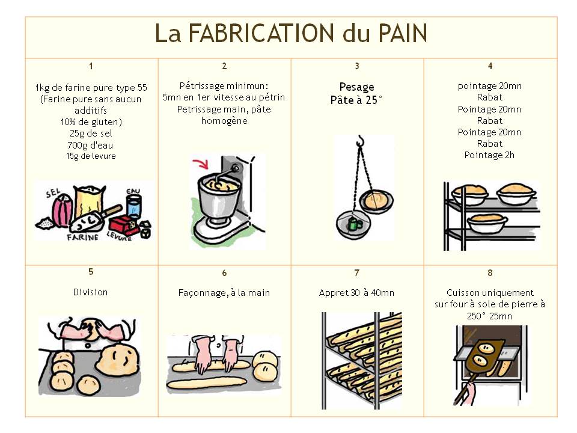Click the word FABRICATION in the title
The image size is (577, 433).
click(261, 33)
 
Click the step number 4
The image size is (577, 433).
click(490, 66)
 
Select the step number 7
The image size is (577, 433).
click(356, 273)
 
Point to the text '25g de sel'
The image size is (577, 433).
click(91, 134)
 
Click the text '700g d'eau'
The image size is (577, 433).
click(90, 145)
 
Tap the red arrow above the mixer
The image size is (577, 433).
click(201, 164)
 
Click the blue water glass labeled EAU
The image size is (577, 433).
click(133, 206)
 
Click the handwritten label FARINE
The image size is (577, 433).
click(83, 237)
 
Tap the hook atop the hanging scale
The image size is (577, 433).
click(360, 141)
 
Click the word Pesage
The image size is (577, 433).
click(356, 87)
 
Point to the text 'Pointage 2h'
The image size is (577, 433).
click(489, 155)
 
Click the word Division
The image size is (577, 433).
click(91, 292)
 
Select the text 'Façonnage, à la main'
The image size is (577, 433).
click(224, 293)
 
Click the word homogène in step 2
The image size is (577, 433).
click(224, 121)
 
